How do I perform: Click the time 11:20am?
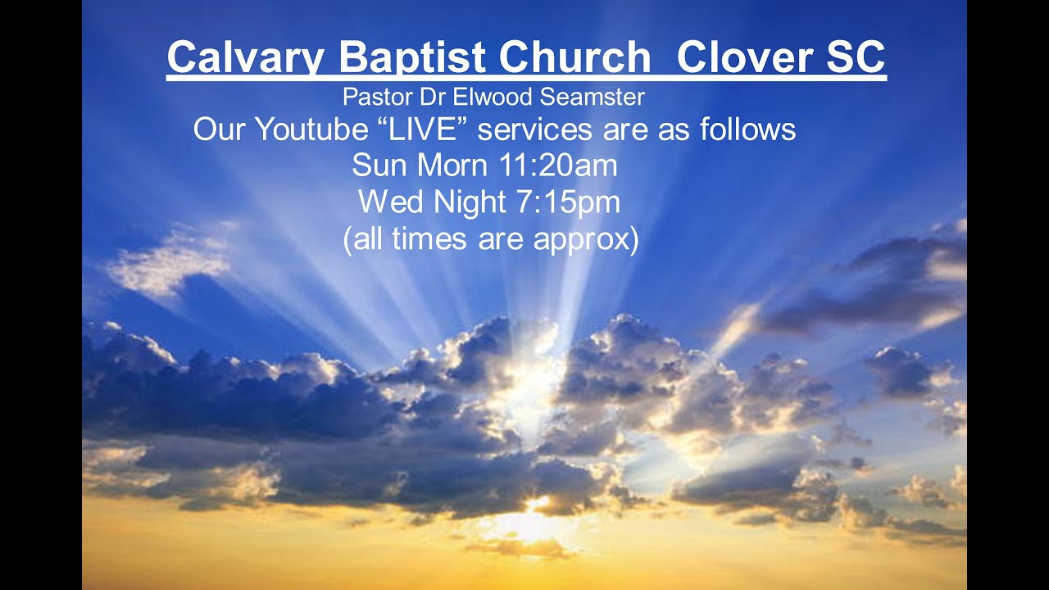(x=558, y=166)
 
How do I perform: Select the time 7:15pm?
(x=569, y=202)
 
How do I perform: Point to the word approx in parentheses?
(x=583, y=241)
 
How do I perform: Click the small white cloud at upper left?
(x=168, y=266)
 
